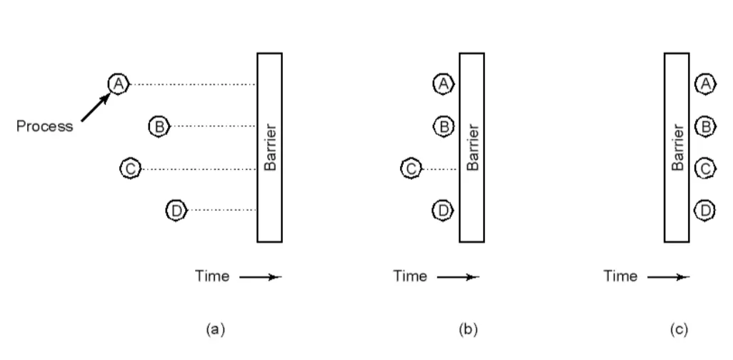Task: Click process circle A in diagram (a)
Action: tap(118, 84)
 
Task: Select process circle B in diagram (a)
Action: tap(158, 126)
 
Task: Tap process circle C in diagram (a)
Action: tap(131, 169)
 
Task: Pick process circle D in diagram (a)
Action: tap(175, 210)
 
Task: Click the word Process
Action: tap(44, 126)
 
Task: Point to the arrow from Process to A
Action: tap(94, 107)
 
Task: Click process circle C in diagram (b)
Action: tap(411, 169)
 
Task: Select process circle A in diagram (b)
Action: tap(444, 84)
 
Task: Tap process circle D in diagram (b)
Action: tap(444, 210)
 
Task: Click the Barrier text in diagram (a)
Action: tap(270, 147)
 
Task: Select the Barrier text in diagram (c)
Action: tap(677, 147)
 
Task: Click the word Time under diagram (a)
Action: tap(212, 276)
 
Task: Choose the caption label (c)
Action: tap(679, 329)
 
